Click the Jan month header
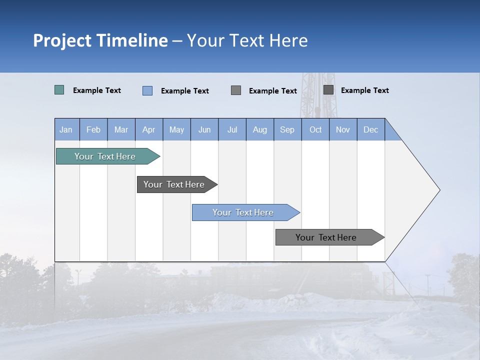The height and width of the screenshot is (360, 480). tap(66, 129)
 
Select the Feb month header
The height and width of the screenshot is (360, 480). tap(93, 129)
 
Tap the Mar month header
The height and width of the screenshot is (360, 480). tap(121, 129)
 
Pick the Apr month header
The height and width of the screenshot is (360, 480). tap(149, 129)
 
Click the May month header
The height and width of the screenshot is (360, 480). tap(176, 129)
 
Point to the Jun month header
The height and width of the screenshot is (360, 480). tap(204, 129)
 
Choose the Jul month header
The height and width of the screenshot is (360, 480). tap(232, 129)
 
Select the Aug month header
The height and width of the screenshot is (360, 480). tap(260, 129)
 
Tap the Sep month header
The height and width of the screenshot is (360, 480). tap(287, 129)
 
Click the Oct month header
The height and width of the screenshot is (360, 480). tap(315, 129)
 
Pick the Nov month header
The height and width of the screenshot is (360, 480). tap(343, 129)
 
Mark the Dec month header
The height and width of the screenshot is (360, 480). tap(371, 129)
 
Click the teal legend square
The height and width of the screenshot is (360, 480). tap(59, 90)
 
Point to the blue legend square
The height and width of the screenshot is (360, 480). tap(147, 90)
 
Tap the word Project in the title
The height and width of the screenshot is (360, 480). tap(62, 40)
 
